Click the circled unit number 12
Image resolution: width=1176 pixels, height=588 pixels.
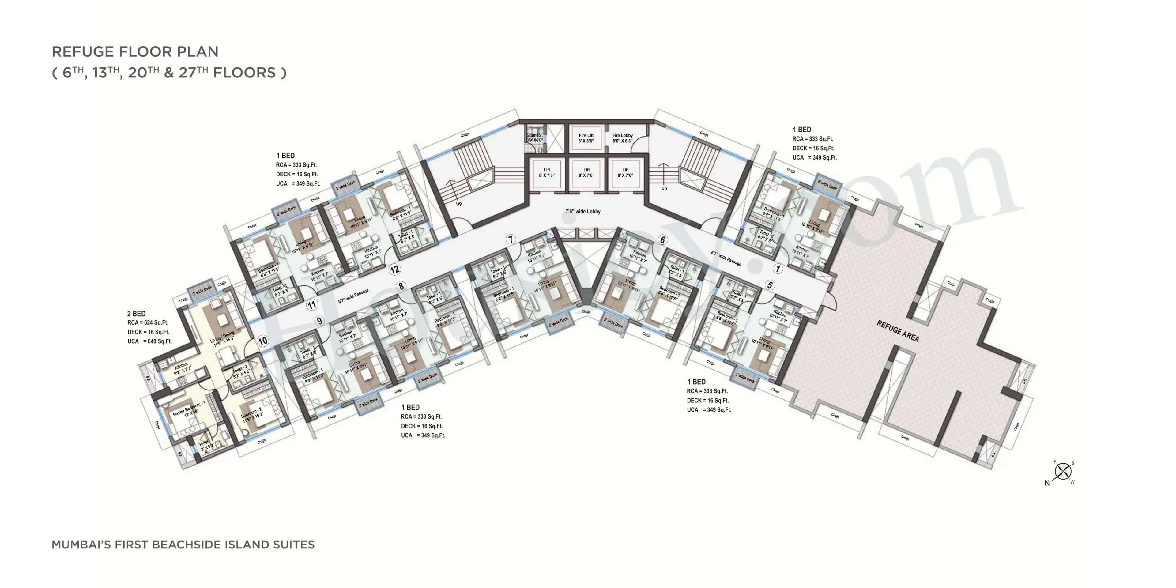[x=394, y=270]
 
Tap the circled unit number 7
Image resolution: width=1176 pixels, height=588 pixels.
[x=511, y=239]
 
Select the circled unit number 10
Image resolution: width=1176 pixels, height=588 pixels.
[x=262, y=341]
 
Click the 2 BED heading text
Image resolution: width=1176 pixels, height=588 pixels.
[x=136, y=314]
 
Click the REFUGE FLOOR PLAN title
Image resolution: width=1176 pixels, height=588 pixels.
[x=135, y=51]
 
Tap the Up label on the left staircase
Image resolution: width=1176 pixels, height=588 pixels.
[x=458, y=204]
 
